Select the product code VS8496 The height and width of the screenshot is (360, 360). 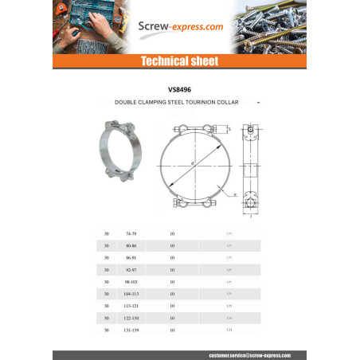click(x=179, y=90)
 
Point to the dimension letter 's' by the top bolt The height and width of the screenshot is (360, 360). click(x=229, y=128)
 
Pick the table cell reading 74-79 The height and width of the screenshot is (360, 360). click(x=131, y=233)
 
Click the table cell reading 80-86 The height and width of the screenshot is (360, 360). click(x=131, y=245)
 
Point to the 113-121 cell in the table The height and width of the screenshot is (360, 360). click(x=131, y=306)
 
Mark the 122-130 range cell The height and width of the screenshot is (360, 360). click(x=131, y=318)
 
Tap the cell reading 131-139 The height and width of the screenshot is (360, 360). click(x=131, y=330)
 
